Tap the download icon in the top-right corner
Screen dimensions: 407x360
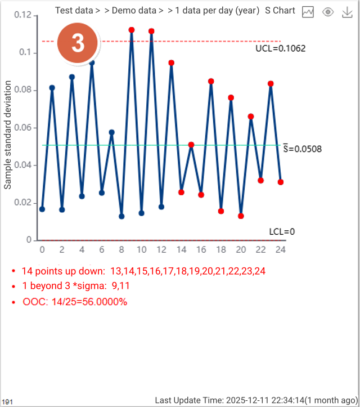click(x=347, y=12)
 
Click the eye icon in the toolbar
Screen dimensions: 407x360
click(x=328, y=12)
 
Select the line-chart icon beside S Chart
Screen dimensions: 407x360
click(x=308, y=12)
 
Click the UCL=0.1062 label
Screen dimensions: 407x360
click(x=280, y=48)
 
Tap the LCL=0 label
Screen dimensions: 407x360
click(x=282, y=231)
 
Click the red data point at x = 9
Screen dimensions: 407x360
click(x=132, y=30)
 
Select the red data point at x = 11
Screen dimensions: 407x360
click(x=151, y=31)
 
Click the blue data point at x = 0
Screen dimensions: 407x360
click(x=42, y=209)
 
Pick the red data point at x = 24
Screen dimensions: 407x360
click(x=281, y=182)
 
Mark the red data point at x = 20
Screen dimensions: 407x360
click(x=241, y=216)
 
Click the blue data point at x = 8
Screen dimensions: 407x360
click(x=121, y=216)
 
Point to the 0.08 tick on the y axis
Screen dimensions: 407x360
click(x=23, y=90)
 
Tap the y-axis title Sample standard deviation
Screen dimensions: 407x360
click(x=8, y=135)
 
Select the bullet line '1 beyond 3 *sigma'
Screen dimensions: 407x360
click(x=76, y=286)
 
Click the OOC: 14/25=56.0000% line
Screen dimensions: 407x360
click(x=75, y=302)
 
